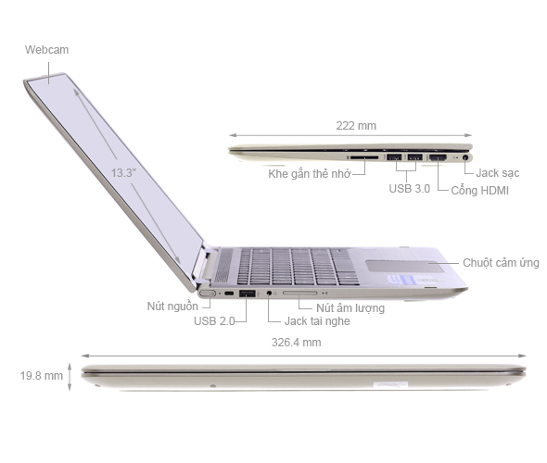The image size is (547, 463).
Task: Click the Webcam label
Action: pos(46,49)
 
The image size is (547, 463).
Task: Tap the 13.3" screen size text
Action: pos(122,172)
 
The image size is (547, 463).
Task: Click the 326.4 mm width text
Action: pos(298,342)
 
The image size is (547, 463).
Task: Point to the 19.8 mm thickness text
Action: pos(41,375)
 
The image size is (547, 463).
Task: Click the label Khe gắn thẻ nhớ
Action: pos(309,174)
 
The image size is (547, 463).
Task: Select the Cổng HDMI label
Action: pos(480,191)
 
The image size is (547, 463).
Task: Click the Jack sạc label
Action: pos(499,172)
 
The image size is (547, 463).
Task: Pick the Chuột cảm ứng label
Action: pos(502,263)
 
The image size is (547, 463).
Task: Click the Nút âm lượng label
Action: pos(350,307)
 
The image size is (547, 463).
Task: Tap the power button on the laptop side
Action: pos(208,294)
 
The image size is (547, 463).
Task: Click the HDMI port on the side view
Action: pos(438,157)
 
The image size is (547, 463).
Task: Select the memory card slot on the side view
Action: pos(364,157)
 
